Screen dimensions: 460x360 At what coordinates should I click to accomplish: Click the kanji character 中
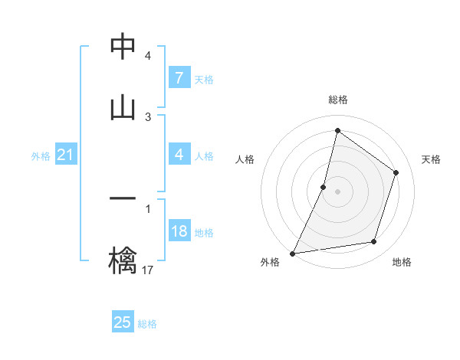123,47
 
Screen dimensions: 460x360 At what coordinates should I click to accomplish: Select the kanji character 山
123,108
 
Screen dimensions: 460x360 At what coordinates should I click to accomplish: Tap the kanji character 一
123,199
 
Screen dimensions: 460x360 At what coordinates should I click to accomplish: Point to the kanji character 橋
123,260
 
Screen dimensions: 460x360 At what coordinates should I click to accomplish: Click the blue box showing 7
179,77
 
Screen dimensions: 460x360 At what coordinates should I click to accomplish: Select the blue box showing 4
179,155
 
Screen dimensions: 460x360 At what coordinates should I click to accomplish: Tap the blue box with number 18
179,231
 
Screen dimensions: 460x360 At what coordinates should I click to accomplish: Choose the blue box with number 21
66,155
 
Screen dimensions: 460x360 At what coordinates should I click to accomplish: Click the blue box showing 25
123,322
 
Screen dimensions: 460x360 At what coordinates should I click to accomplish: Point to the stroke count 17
148,270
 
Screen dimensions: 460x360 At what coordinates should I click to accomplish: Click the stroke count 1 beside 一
148,208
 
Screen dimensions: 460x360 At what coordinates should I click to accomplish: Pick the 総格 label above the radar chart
338,100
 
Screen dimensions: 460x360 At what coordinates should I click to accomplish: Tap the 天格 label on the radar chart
431,159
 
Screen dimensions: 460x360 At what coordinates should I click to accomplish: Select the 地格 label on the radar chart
402,262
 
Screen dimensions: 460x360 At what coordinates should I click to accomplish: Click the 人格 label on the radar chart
245,159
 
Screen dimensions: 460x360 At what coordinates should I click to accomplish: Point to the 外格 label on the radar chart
270,262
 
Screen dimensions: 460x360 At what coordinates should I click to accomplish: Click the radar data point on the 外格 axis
293,253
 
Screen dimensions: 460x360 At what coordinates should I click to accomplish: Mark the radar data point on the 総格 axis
337,130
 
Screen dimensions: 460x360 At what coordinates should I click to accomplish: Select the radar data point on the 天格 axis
396,172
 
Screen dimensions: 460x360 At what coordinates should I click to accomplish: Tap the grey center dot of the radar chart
337,191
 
